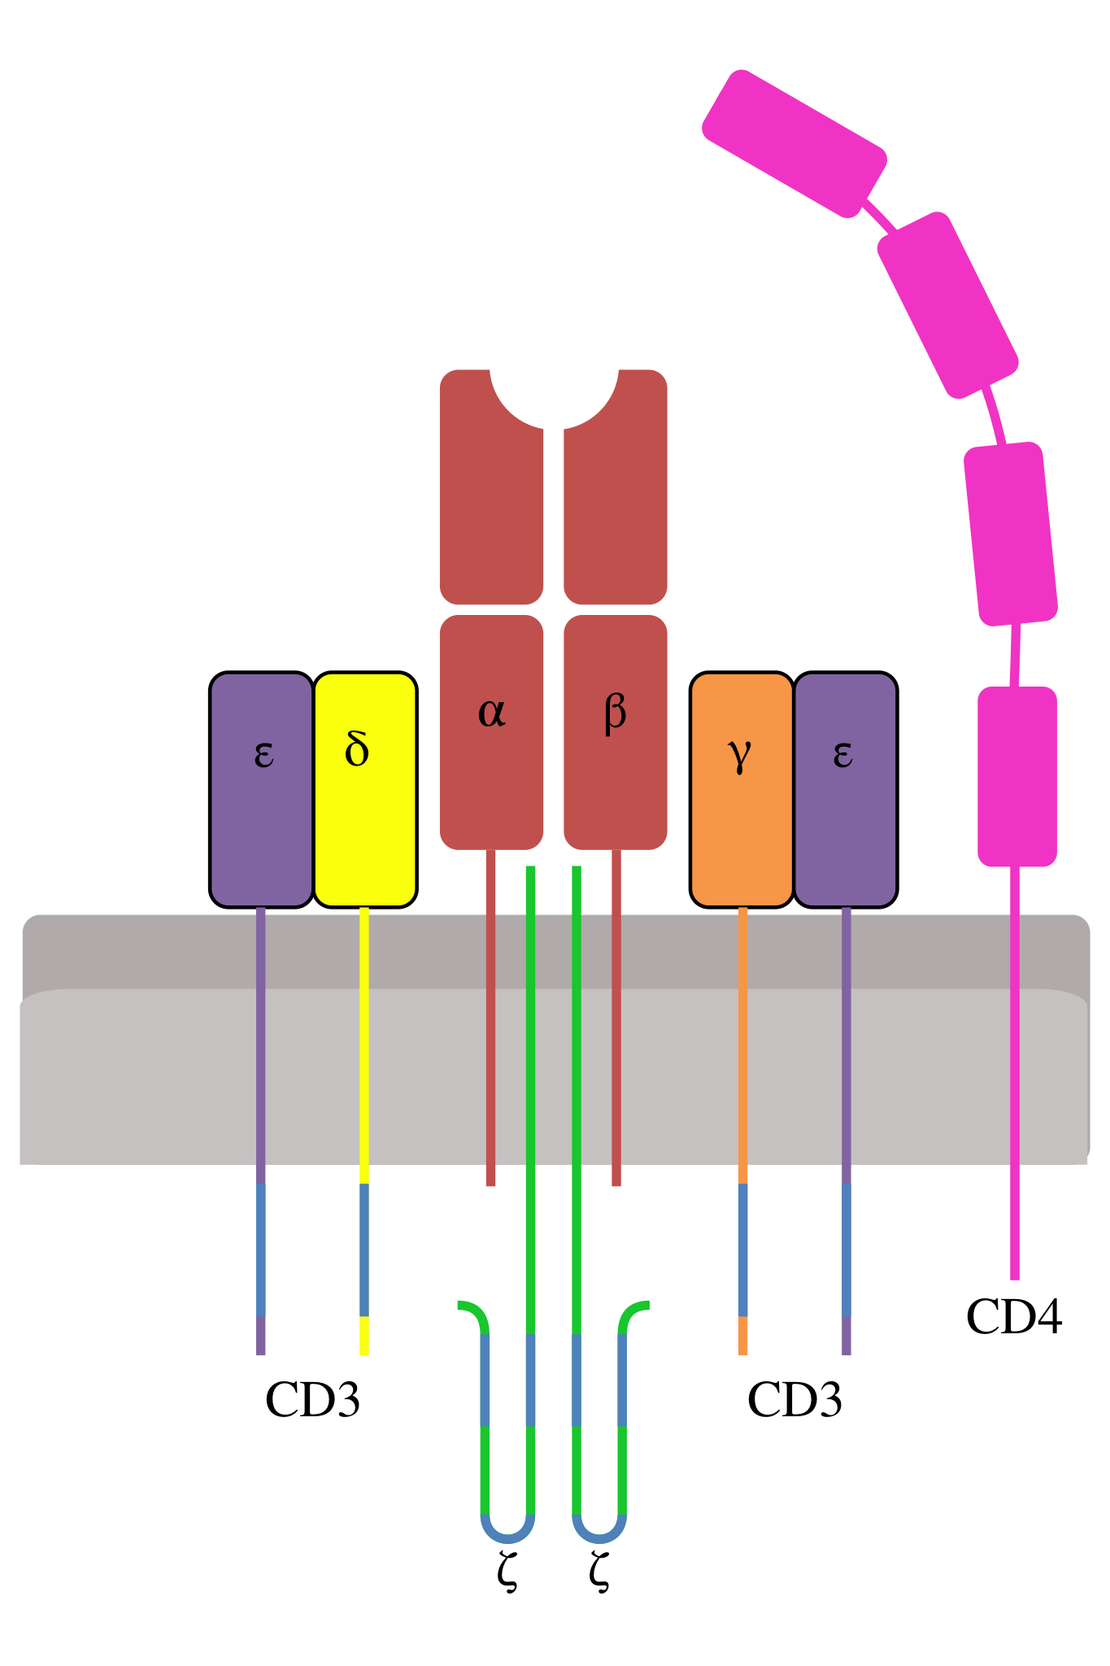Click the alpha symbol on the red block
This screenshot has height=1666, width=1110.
pos(492,713)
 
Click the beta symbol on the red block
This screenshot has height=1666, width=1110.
pos(616,713)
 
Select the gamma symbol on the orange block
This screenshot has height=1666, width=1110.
pos(739,755)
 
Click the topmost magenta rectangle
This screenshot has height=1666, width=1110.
pos(794,144)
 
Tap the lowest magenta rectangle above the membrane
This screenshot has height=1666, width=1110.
pos(1016,776)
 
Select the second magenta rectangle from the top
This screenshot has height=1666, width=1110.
pos(947,305)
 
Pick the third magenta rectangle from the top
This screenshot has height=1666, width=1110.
pos(1011,534)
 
